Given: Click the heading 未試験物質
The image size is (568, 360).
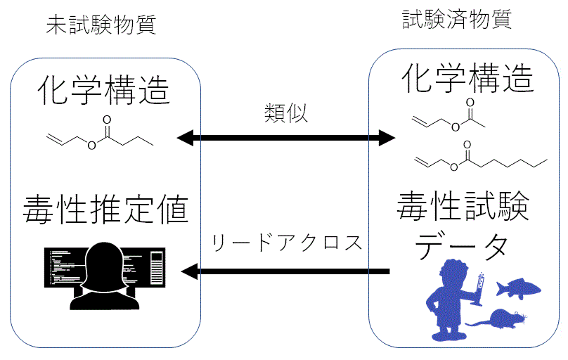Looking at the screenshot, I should pyautogui.click(x=101, y=25).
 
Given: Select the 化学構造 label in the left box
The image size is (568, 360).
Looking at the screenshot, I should pyautogui.click(x=104, y=90).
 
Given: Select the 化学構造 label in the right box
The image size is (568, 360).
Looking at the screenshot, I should pyautogui.click(x=467, y=79).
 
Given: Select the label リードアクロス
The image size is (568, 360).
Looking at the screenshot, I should pyautogui.click(x=286, y=243).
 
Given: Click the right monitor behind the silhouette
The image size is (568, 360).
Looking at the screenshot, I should pyautogui.click(x=155, y=266).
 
